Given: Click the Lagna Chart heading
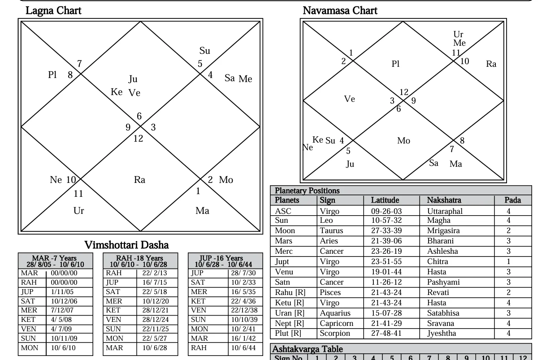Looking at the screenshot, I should [54, 11].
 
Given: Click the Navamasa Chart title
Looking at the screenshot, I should [340, 10].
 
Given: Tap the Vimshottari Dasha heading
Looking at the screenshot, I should [127, 245].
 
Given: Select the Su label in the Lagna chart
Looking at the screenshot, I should [204, 51].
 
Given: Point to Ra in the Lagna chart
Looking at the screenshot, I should [140, 180].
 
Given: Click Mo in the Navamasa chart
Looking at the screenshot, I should [403, 141].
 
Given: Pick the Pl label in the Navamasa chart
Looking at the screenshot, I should [395, 64].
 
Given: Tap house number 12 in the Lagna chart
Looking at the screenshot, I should [138, 139].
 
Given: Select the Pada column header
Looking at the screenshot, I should [513, 200].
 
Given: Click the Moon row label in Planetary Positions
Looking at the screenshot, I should [285, 231].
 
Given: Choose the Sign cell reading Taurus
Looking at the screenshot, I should [331, 231].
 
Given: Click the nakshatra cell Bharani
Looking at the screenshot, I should [441, 241].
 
